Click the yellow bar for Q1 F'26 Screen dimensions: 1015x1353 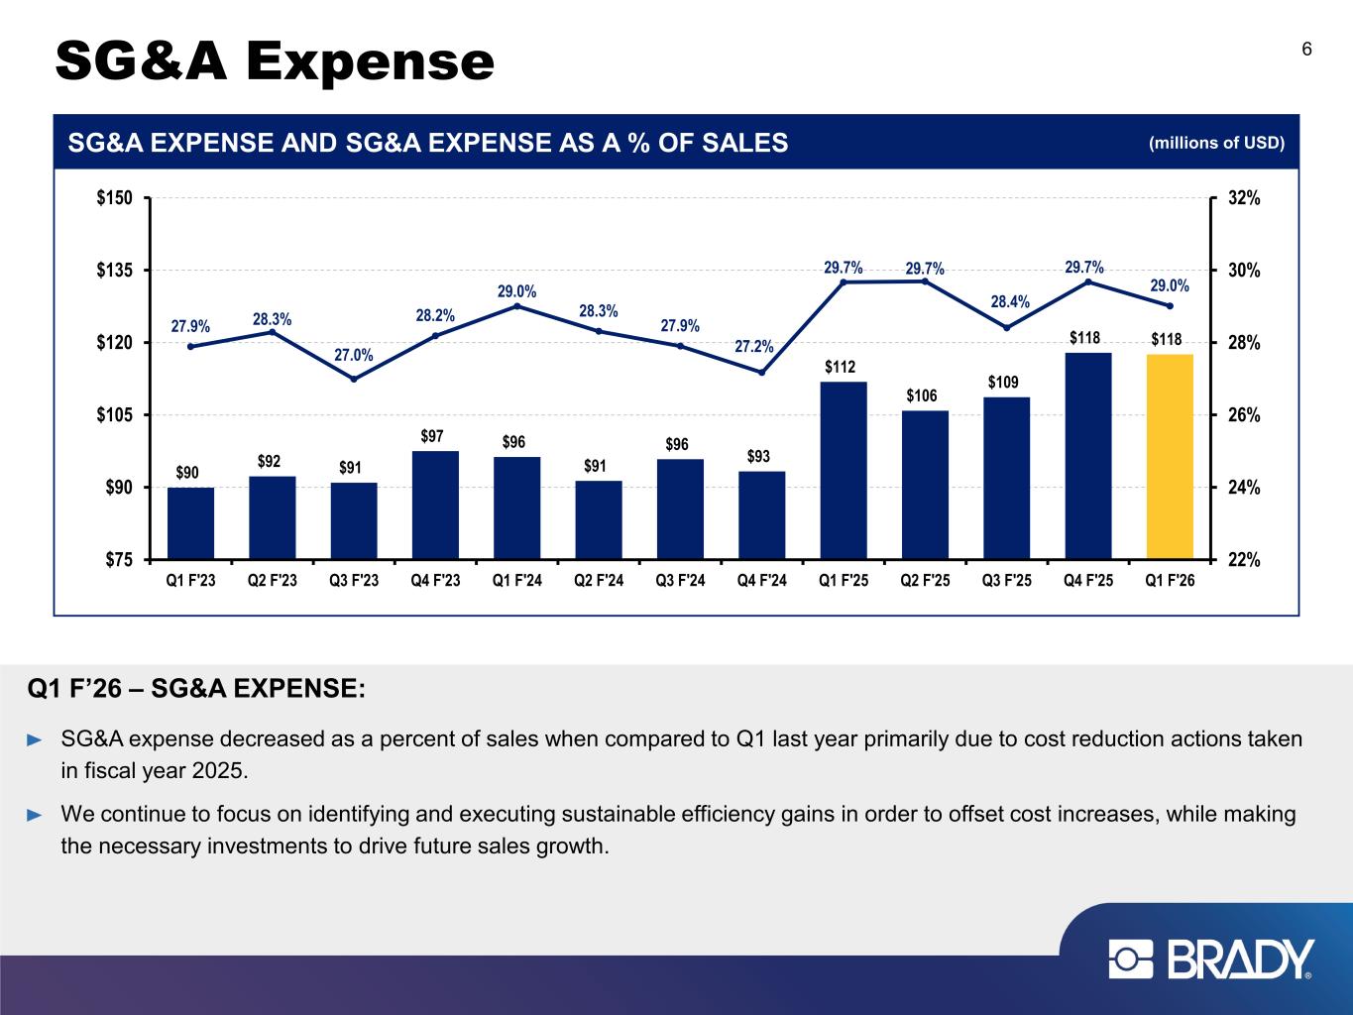coord(1170,456)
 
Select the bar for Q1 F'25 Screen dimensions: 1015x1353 coord(844,470)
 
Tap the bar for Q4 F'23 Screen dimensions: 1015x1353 coord(435,505)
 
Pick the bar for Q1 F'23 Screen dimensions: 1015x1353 coord(190,522)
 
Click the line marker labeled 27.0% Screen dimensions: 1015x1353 coord(354,379)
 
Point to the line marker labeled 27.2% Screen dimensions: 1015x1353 coord(762,373)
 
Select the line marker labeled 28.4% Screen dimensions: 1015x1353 coord(1006,328)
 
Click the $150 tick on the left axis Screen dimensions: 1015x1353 coord(115,198)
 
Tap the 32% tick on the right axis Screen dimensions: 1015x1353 coord(1244,198)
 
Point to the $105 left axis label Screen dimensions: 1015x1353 coord(115,415)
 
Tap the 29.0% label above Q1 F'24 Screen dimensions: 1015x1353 coord(516,291)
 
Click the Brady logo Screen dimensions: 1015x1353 coord(1211,959)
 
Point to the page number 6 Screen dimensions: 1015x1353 coord(1306,50)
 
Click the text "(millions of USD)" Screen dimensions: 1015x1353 coord(1216,144)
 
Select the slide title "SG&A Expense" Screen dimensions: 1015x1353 coord(275,61)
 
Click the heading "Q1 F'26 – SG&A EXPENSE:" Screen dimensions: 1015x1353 coord(197,688)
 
